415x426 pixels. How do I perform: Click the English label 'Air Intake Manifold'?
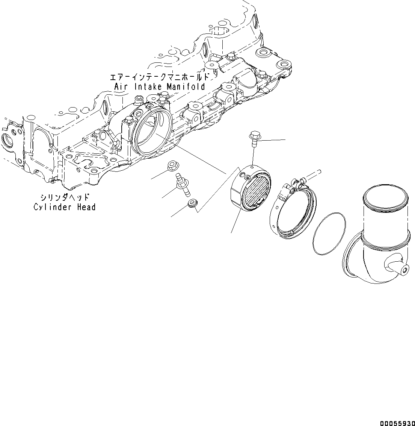tap(160, 87)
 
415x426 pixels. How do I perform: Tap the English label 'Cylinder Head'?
tap(65, 207)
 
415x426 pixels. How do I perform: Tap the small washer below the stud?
tap(192, 203)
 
